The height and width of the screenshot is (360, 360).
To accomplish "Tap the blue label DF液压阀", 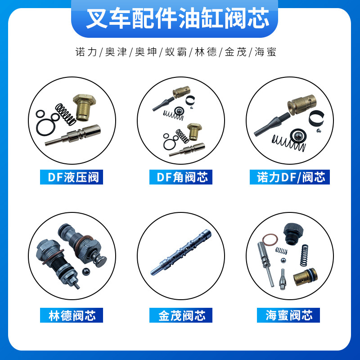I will click(72, 177).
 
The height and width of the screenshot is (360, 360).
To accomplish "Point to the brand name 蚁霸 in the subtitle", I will click(174, 52).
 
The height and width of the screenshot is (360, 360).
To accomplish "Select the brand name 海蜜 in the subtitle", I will click(265, 52).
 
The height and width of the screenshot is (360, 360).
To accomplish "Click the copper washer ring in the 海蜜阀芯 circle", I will click(270, 241).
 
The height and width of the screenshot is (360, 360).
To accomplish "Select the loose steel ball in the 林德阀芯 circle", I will click(86, 271).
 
